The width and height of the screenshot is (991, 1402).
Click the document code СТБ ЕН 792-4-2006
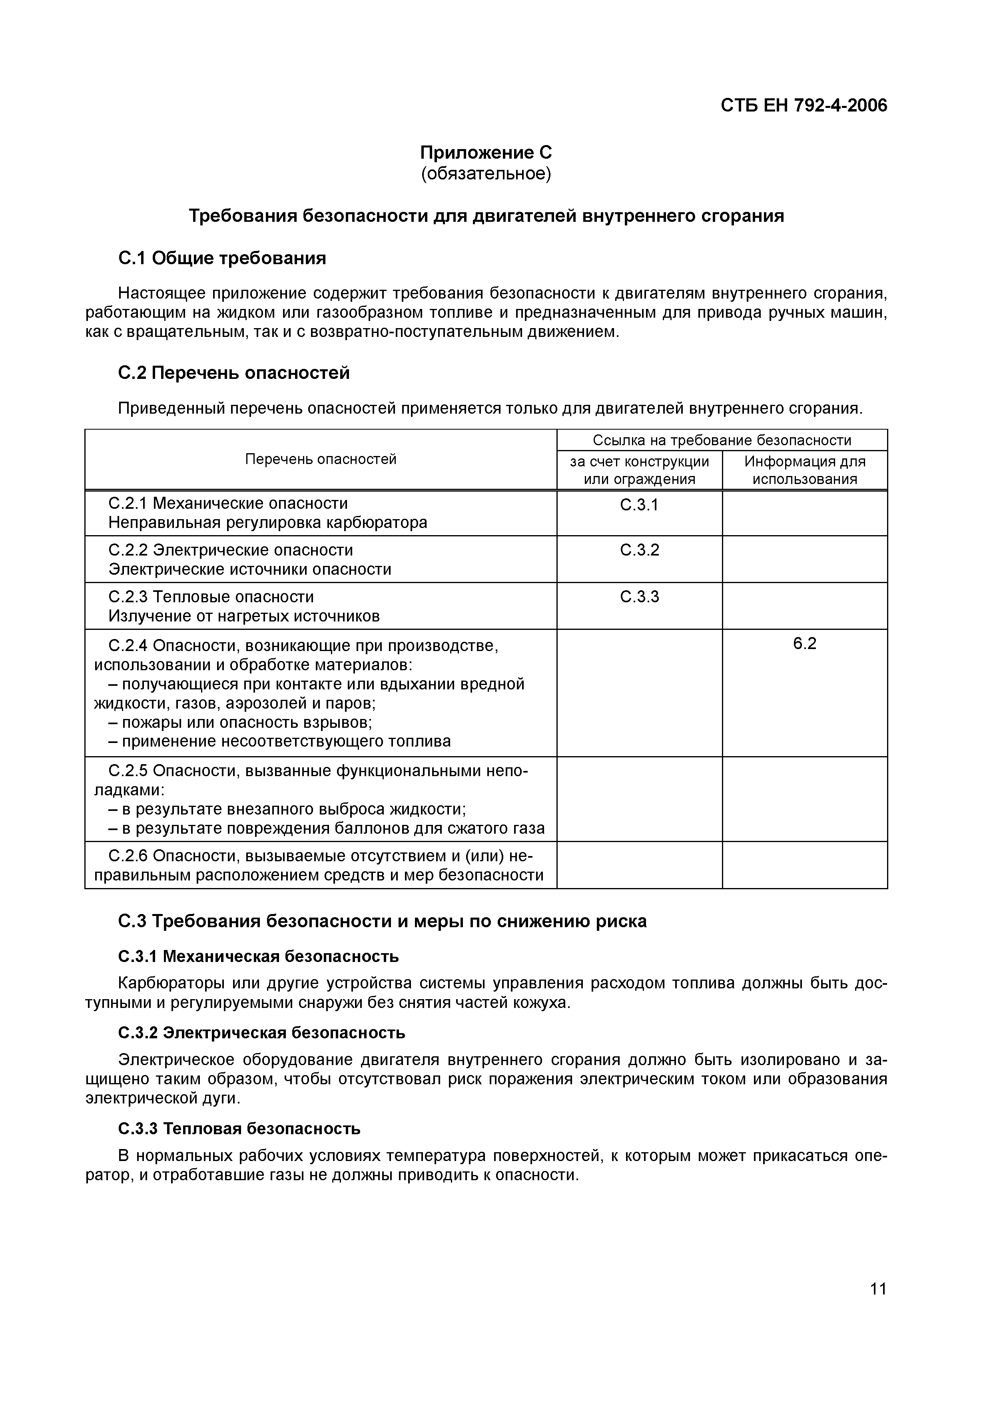point(804,106)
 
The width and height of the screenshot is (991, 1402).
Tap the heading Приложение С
point(486,152)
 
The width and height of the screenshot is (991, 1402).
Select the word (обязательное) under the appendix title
point(486,174)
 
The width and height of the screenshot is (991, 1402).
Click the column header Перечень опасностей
point(321,459)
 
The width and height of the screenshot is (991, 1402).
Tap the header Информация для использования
point(804,470)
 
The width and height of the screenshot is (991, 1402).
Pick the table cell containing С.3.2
point(639,550)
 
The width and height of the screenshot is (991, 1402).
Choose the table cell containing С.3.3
point(639,597)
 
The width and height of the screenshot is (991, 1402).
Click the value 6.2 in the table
point(804,643)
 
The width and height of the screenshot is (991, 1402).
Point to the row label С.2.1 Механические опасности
point(228,503)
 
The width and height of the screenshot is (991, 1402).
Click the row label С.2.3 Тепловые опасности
point(211,597)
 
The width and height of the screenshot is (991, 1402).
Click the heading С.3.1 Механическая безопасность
point(258,956)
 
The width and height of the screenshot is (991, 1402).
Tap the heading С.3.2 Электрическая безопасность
point(261,1033)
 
